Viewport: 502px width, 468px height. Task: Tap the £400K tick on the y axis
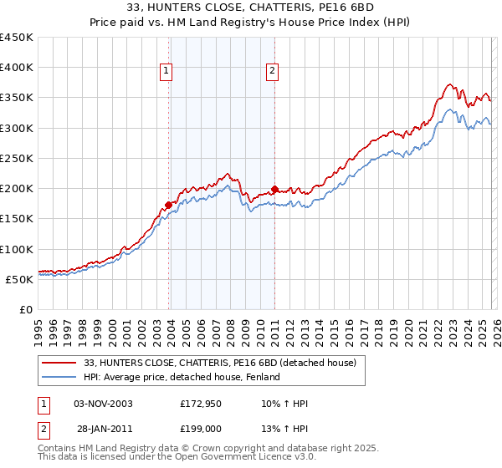17,68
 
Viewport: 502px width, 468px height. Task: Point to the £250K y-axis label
17,158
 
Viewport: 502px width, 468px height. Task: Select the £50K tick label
20,279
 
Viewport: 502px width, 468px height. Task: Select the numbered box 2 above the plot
273,72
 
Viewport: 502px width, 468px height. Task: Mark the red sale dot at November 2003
169,204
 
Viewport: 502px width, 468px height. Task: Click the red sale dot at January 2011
274,189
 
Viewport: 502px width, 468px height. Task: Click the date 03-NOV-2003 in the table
103,404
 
